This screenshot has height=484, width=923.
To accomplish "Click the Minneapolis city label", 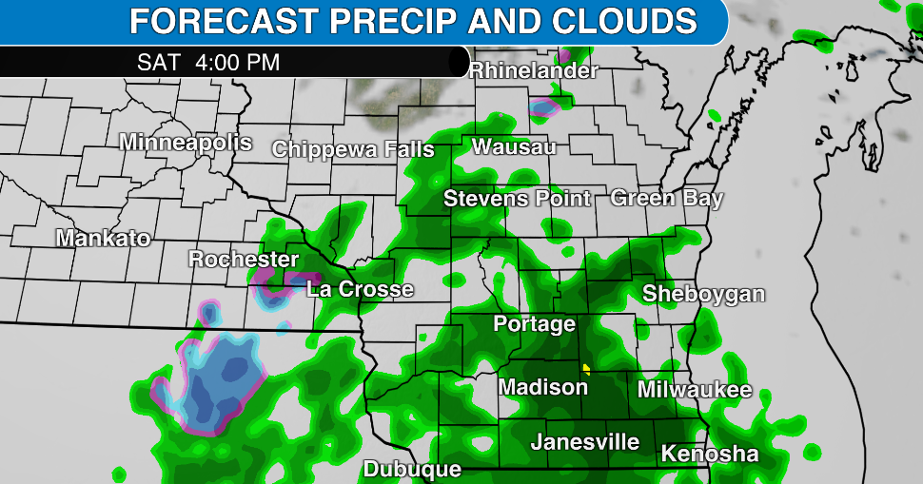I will [186, 143].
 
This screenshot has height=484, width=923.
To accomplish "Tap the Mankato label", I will [103, 238].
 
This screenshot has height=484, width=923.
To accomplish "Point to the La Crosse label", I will [360, 289].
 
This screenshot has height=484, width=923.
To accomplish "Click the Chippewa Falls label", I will [352, 149].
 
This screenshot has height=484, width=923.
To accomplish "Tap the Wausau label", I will [514, 146].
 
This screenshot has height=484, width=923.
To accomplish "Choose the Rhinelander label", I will [534, 70].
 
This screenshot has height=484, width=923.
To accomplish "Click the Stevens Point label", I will [518, 199].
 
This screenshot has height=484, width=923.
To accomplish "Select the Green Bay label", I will [667, 198].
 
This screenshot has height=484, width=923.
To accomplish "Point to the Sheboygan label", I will [703, 293].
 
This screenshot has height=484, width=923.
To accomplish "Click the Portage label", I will [534, 323].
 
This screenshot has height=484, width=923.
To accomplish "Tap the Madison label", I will [543, 387].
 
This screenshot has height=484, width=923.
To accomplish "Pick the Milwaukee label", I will [695, 389].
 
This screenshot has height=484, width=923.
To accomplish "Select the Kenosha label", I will [710, 454].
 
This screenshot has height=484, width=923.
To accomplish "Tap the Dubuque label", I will [412, 469].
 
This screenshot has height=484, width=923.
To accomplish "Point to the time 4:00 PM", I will [237, 63].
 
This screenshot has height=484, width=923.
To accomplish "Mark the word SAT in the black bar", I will [158, 63].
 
